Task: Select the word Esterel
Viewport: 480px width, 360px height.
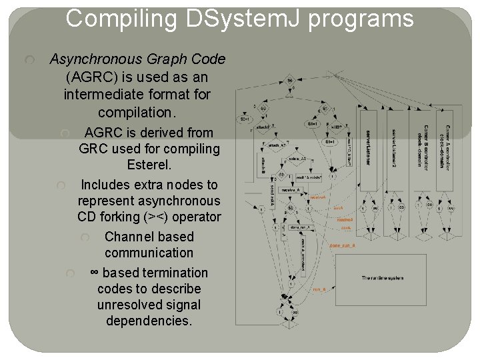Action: tap(149, 165)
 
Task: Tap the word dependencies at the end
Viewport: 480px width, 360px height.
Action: tap(149, 321)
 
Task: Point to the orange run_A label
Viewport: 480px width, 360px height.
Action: tap(319, 289)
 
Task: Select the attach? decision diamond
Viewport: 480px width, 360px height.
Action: tap(263, 126)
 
